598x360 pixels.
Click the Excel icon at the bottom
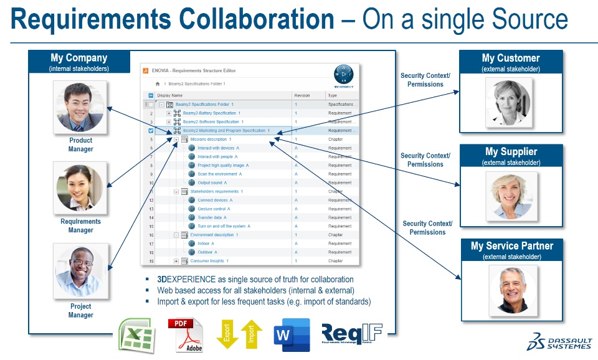tap(136, 335)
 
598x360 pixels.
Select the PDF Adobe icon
tap(185, 335)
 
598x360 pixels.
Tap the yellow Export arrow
tap(227, 334)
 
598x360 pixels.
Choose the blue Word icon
tap(292, 335)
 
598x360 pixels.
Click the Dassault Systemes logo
tap(559, 341)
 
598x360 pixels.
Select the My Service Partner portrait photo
tap(511, 288)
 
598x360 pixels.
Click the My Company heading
tap(78, 59)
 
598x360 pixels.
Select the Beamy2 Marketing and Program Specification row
tap(225, 131)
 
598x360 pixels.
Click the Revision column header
tap(302, 95)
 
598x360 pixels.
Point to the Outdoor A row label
tap(207, 252)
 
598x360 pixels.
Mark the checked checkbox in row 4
tap(150, 131)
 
